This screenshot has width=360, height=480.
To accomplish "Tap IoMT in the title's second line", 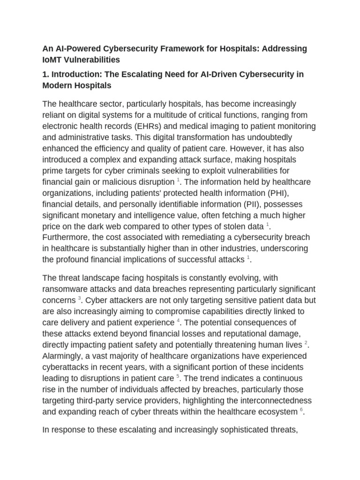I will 53,60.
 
